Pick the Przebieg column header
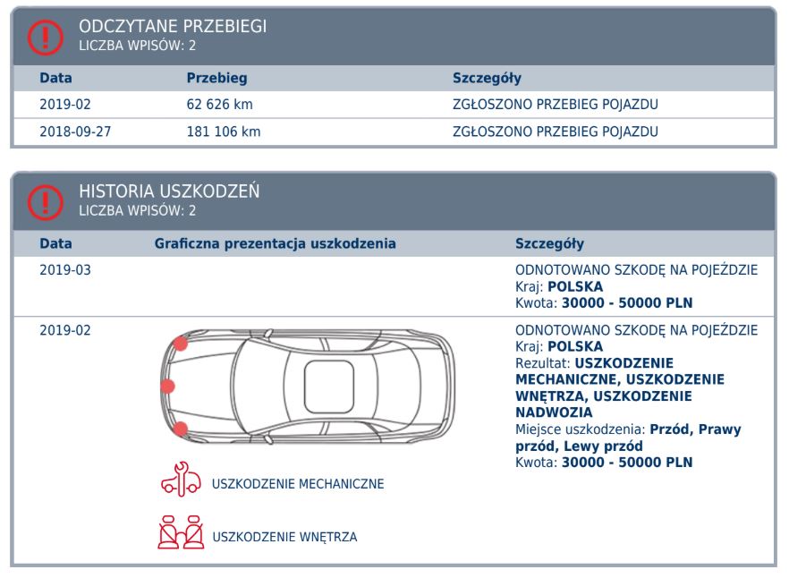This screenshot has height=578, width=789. [x=216, y=79]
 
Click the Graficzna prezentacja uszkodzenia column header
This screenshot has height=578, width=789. [x=275, y=243]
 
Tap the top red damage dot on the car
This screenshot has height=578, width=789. [x=181, y=344]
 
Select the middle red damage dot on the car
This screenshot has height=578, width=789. [x=166, y=387]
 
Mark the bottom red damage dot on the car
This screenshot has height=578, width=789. [x=181, y=429]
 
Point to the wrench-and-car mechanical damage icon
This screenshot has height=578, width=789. [x=180, y=482]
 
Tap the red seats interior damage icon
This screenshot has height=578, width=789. [x=180, y=534]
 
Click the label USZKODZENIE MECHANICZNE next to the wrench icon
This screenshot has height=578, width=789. [x=298, y=484]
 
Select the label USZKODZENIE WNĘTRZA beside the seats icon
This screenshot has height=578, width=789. [x=284, y=537]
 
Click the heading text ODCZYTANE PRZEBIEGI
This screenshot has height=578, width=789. [x=173, y=27]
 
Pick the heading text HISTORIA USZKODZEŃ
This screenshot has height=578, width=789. [x=169, y=192]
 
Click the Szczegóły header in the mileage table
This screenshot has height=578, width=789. [x=488, y=79]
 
